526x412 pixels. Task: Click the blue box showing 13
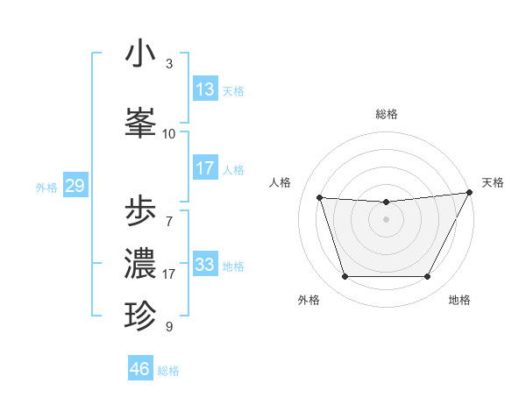click(x=205, y=89)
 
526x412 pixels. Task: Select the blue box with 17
click(x=205, y=168)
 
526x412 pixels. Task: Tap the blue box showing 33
click(x=205, y=265)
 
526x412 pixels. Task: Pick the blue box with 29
click(x=75, y=186)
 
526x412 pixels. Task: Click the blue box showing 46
click(x=140, y=369)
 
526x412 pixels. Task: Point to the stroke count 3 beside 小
click(x=169, y=64)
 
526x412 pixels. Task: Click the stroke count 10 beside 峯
click(x=169, y=134)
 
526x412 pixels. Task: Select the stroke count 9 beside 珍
click(x=169, y=327)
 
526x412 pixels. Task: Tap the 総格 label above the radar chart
click(x=387, y=115)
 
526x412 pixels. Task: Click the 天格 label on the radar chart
click(x=493, y=182)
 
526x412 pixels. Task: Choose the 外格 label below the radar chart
click(x=309, y=300)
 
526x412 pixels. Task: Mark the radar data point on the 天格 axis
click(x=470, y=193)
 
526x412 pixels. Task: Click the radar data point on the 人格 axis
click(x=320, y=198)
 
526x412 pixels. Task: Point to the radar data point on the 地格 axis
click(x=428, y=277)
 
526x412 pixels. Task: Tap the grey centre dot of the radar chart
click(x=387, y=220)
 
